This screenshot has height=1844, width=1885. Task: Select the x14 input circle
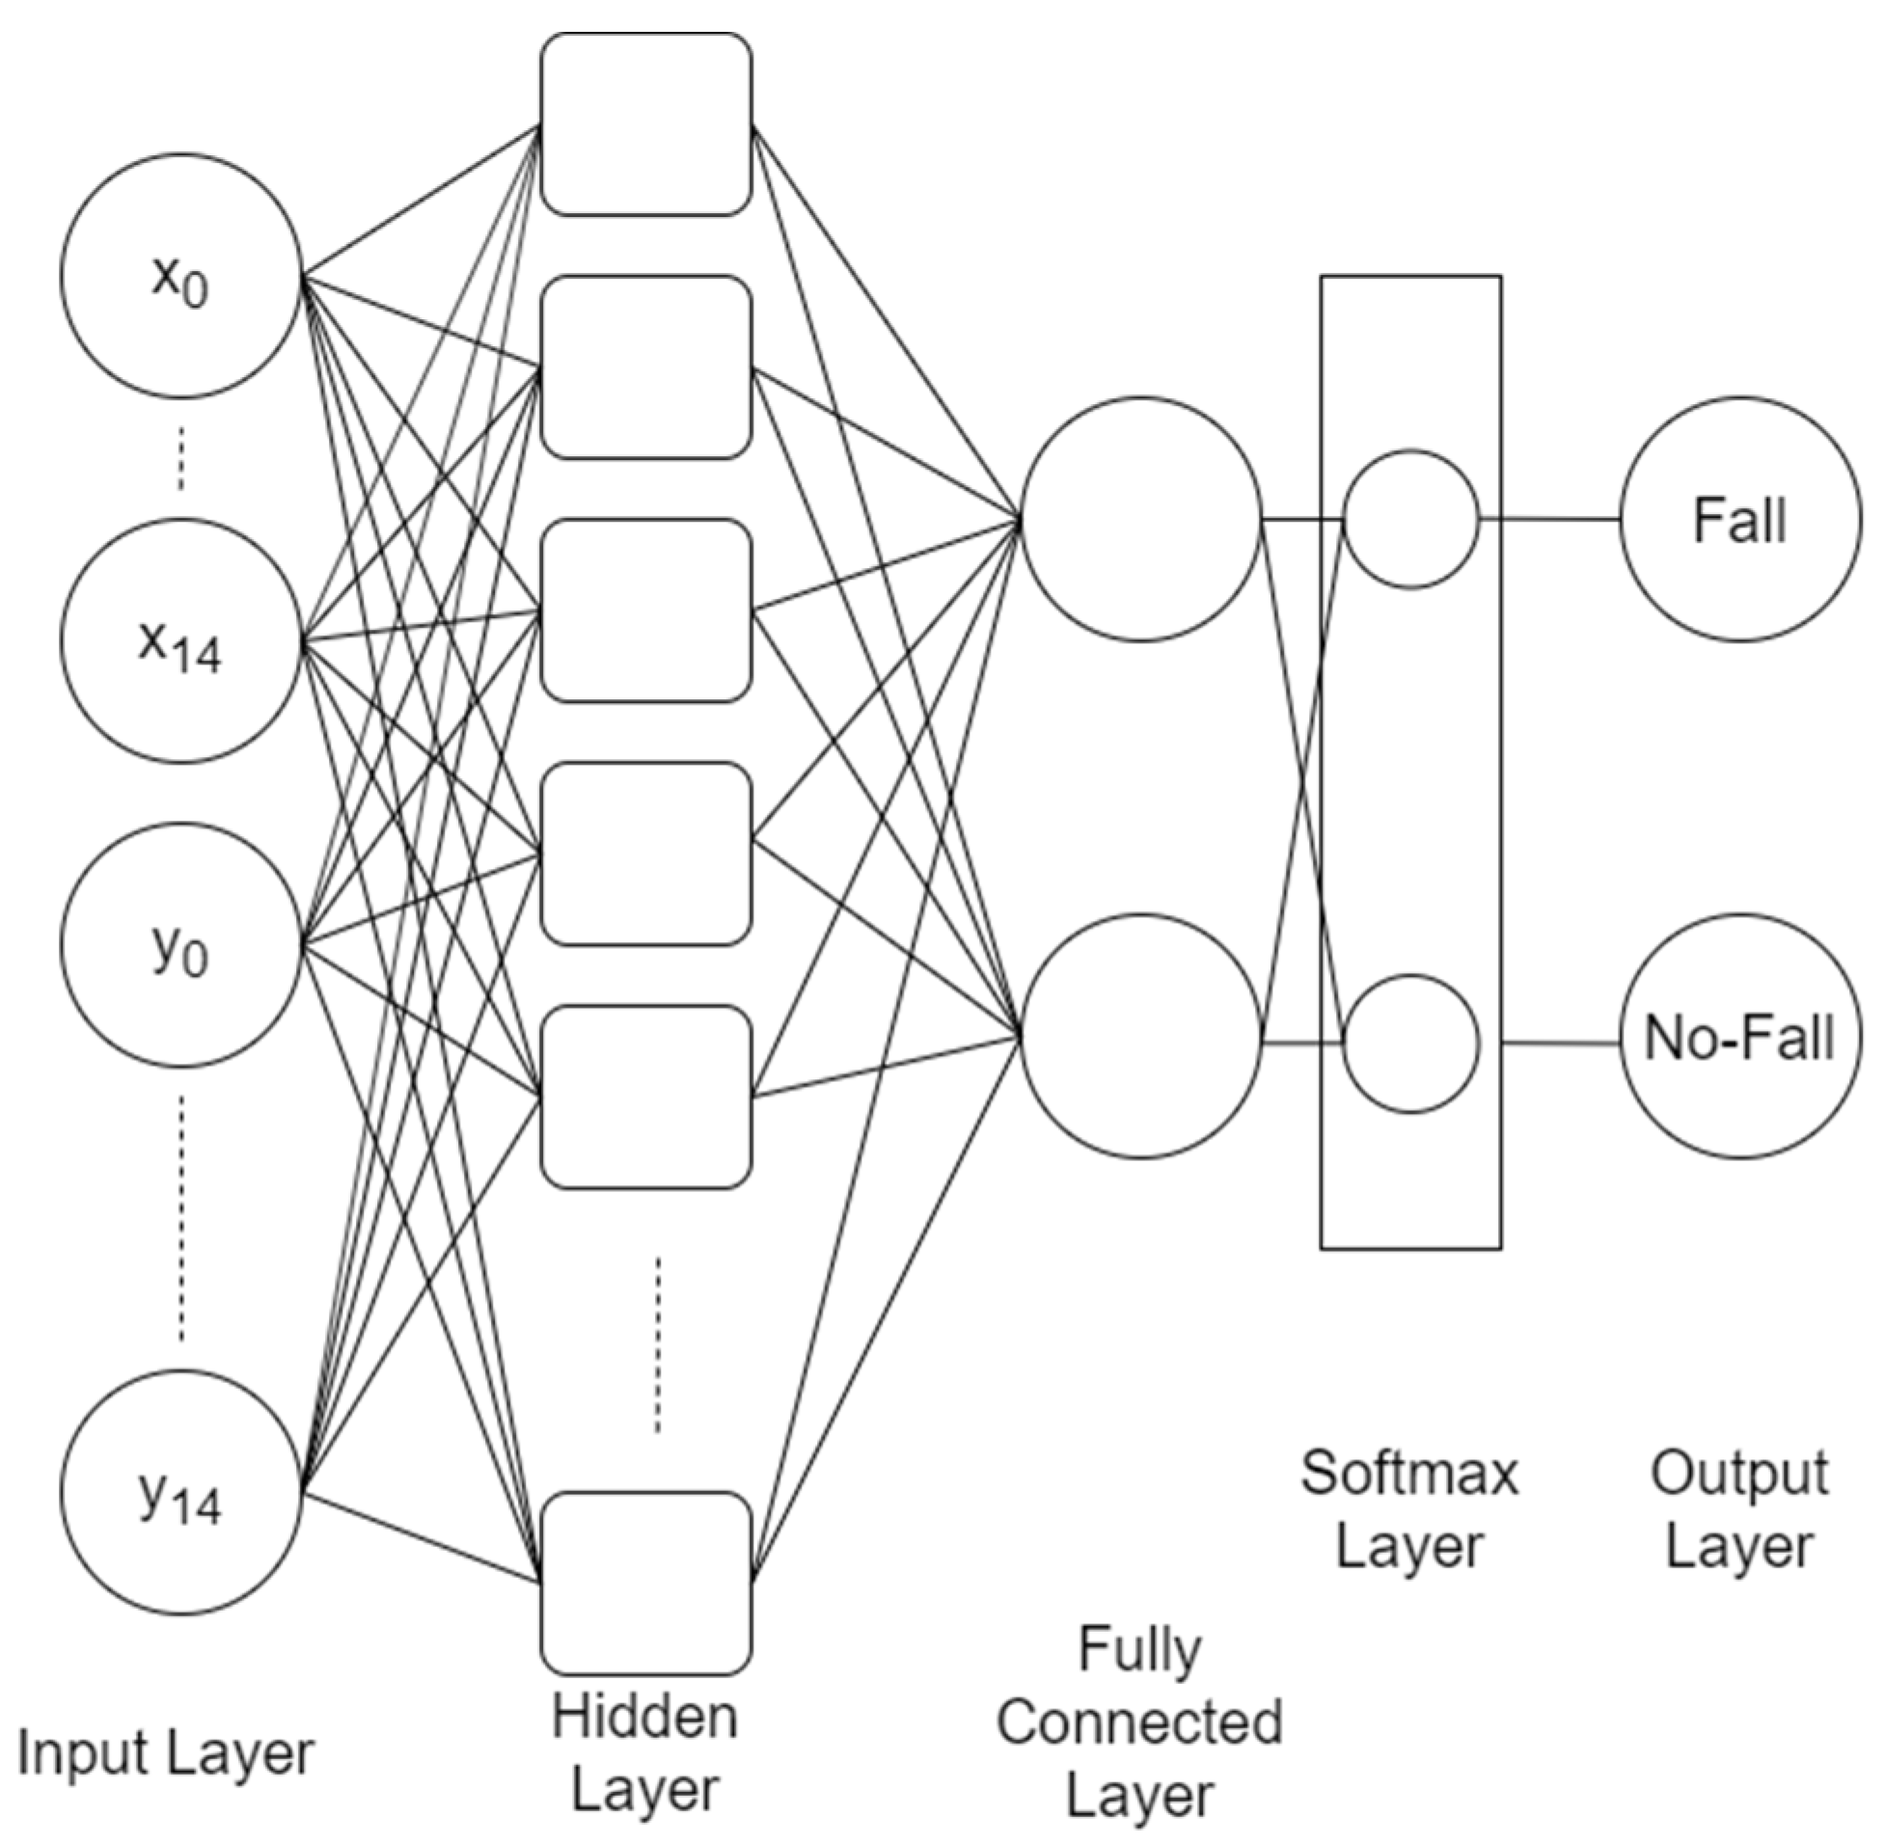pyautogui.click(x=181, y=640)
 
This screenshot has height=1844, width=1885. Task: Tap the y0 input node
pyautogui.click(x=181, y=944)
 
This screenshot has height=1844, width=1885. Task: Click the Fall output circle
pyautogui.click(x=1739, y=519)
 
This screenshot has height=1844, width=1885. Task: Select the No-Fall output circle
pyautogui.click(x=1739, y=1038)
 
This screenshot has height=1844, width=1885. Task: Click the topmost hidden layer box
pyautogui.click(x=646, y=124)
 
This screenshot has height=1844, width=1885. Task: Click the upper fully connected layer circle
pyautogui.click(x=1141, y=518)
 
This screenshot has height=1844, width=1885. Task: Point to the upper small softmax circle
pyautogui.click(x=1411, y=519)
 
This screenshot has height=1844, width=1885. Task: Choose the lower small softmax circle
pyautogui.click(x=1411, y=1044)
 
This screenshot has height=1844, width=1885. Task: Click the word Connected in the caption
pyautogui.click(x=1139, y=1722)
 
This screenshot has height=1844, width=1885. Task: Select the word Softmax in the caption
pyautogui.click(x=1409, y=1474)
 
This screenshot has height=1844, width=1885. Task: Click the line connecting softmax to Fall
pyautogui.click(x=1550, y=519)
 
